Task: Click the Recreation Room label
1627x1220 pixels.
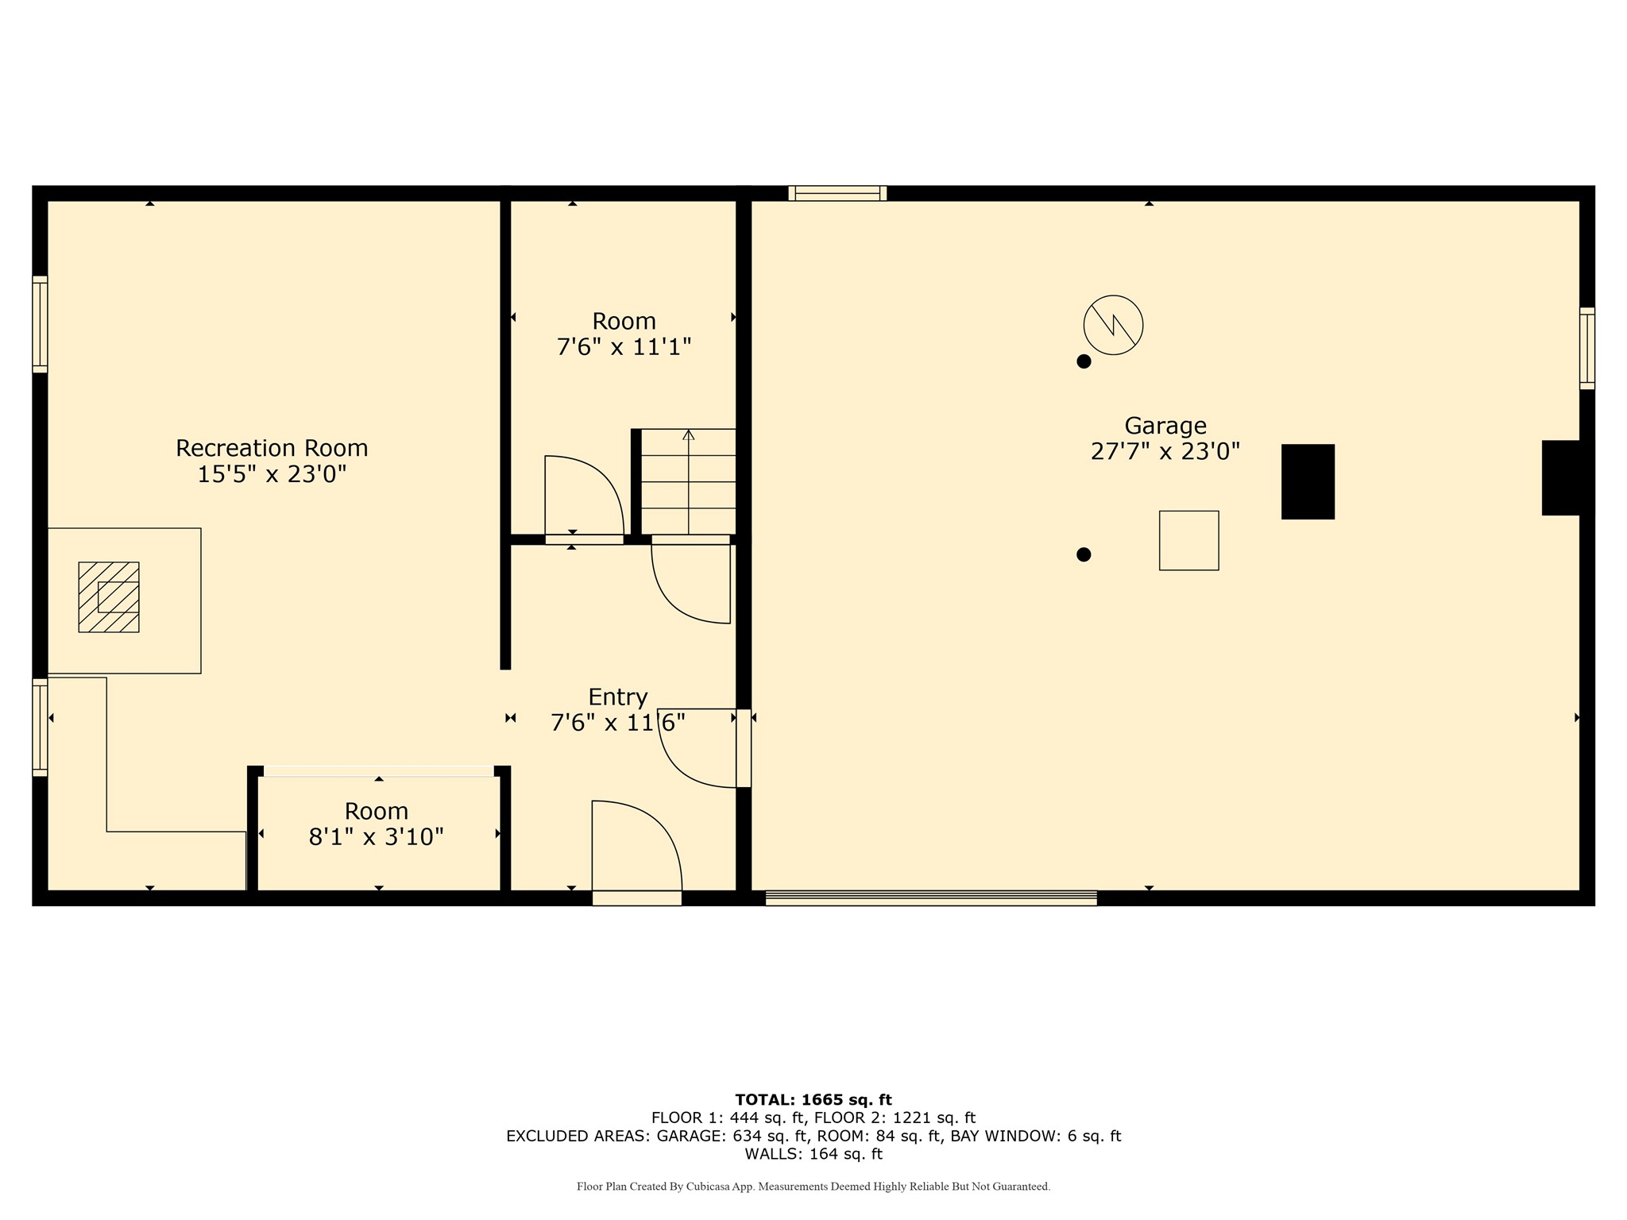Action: click(272, 448)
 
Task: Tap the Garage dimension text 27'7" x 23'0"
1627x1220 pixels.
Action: click(1165, 452)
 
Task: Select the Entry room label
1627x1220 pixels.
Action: click(617, 697)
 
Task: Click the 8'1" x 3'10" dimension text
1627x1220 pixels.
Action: click(376, 837)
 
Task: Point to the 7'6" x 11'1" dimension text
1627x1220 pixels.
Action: click(624, 347)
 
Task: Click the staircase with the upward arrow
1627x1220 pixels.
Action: click(688, 481)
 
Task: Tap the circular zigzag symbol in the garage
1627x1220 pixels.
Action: click(1113, 325)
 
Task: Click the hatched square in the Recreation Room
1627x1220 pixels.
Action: click(109, 597)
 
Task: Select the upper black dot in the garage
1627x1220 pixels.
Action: click(1084, 361)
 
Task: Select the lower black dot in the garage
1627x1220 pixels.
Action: click(1084, 554)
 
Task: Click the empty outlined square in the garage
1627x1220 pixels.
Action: click(1188, 540)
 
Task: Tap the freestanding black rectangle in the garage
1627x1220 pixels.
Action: click(1308, 481)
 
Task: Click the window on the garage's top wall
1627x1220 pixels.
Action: click(837, 193)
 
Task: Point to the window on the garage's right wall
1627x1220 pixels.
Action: click(1586, 348)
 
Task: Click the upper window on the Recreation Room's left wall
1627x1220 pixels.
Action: click(40, 324)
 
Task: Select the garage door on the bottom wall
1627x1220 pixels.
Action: click(931, 898)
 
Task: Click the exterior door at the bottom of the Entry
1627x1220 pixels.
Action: click(636, 898)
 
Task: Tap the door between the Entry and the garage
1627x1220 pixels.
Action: click(744, 748)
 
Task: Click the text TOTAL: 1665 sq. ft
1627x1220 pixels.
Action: click(813, 1100)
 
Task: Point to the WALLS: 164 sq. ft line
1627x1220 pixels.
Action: click(813, 1154)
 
